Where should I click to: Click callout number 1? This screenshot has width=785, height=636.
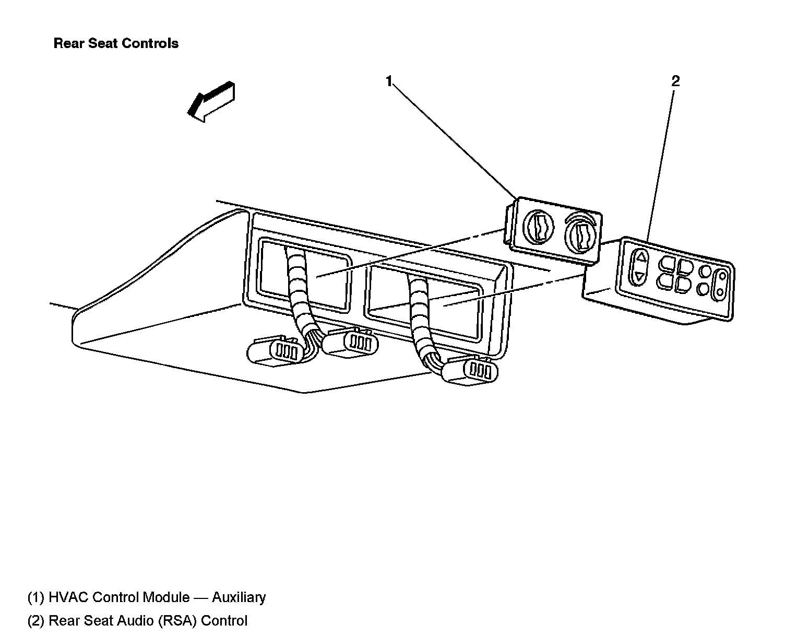pyautogui.click(x=389, y=81)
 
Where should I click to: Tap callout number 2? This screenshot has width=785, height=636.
pyautogui.click(x=675, y=81)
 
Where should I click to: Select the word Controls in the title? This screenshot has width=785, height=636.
pyautogui.click(x=155, y=43)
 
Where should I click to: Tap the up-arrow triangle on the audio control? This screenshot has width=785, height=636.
pyautogui.click(x=640, y=257)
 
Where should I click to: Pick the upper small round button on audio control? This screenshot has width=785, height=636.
pyautogui.click(x=706, y=271)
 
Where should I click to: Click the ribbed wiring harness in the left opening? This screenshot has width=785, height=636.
pyautogui.click(x=300, y=292)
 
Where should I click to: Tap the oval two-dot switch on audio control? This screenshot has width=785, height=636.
pyautogui.click(x=721, y=285)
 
